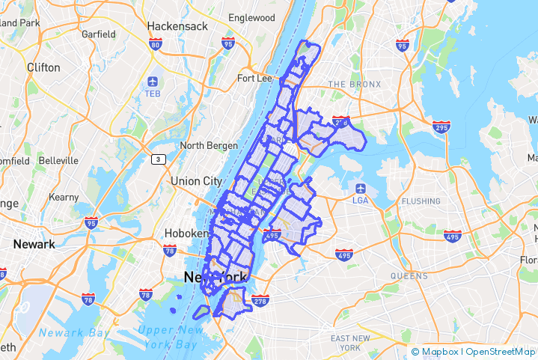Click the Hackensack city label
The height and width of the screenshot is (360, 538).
click(178, 26)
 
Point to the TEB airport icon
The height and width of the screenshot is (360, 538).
click(153, 81)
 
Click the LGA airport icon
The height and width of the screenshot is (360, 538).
click(361, 188)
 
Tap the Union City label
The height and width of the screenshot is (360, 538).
click(196, 181)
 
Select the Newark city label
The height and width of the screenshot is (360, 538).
click(34, 244)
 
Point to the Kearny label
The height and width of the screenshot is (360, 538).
click(64, 198)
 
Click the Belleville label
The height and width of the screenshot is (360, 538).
click(58, 160)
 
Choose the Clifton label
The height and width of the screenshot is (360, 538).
click(43, 67)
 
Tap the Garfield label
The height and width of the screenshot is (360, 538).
click(98, 34)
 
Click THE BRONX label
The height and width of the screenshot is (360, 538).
click(354, 85)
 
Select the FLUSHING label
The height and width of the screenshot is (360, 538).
click(421, 201)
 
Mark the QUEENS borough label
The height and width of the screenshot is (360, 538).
click(409, 276)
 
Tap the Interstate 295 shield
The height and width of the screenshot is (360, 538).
click(440, 127)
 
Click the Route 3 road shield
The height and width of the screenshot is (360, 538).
click(158, 159)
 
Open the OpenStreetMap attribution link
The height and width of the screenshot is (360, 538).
click(501, 351)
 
